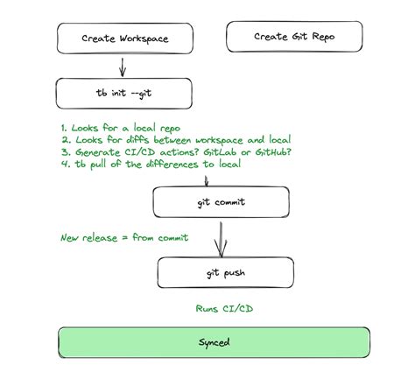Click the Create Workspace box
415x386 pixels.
click(x=124, y=39)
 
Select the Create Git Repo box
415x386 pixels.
click(x=294, y=37)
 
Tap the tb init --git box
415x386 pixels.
click(x=123, y=93)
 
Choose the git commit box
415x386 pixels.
click(x=221, y=202)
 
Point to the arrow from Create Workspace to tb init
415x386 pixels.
click(x=123, y=66)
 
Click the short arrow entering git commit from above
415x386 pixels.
click(x=206, y=180)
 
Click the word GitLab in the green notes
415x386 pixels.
click(x=222, y=153)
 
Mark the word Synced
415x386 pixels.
click(x=213, y=342)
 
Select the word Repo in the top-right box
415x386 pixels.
click(x=320, y=37)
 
